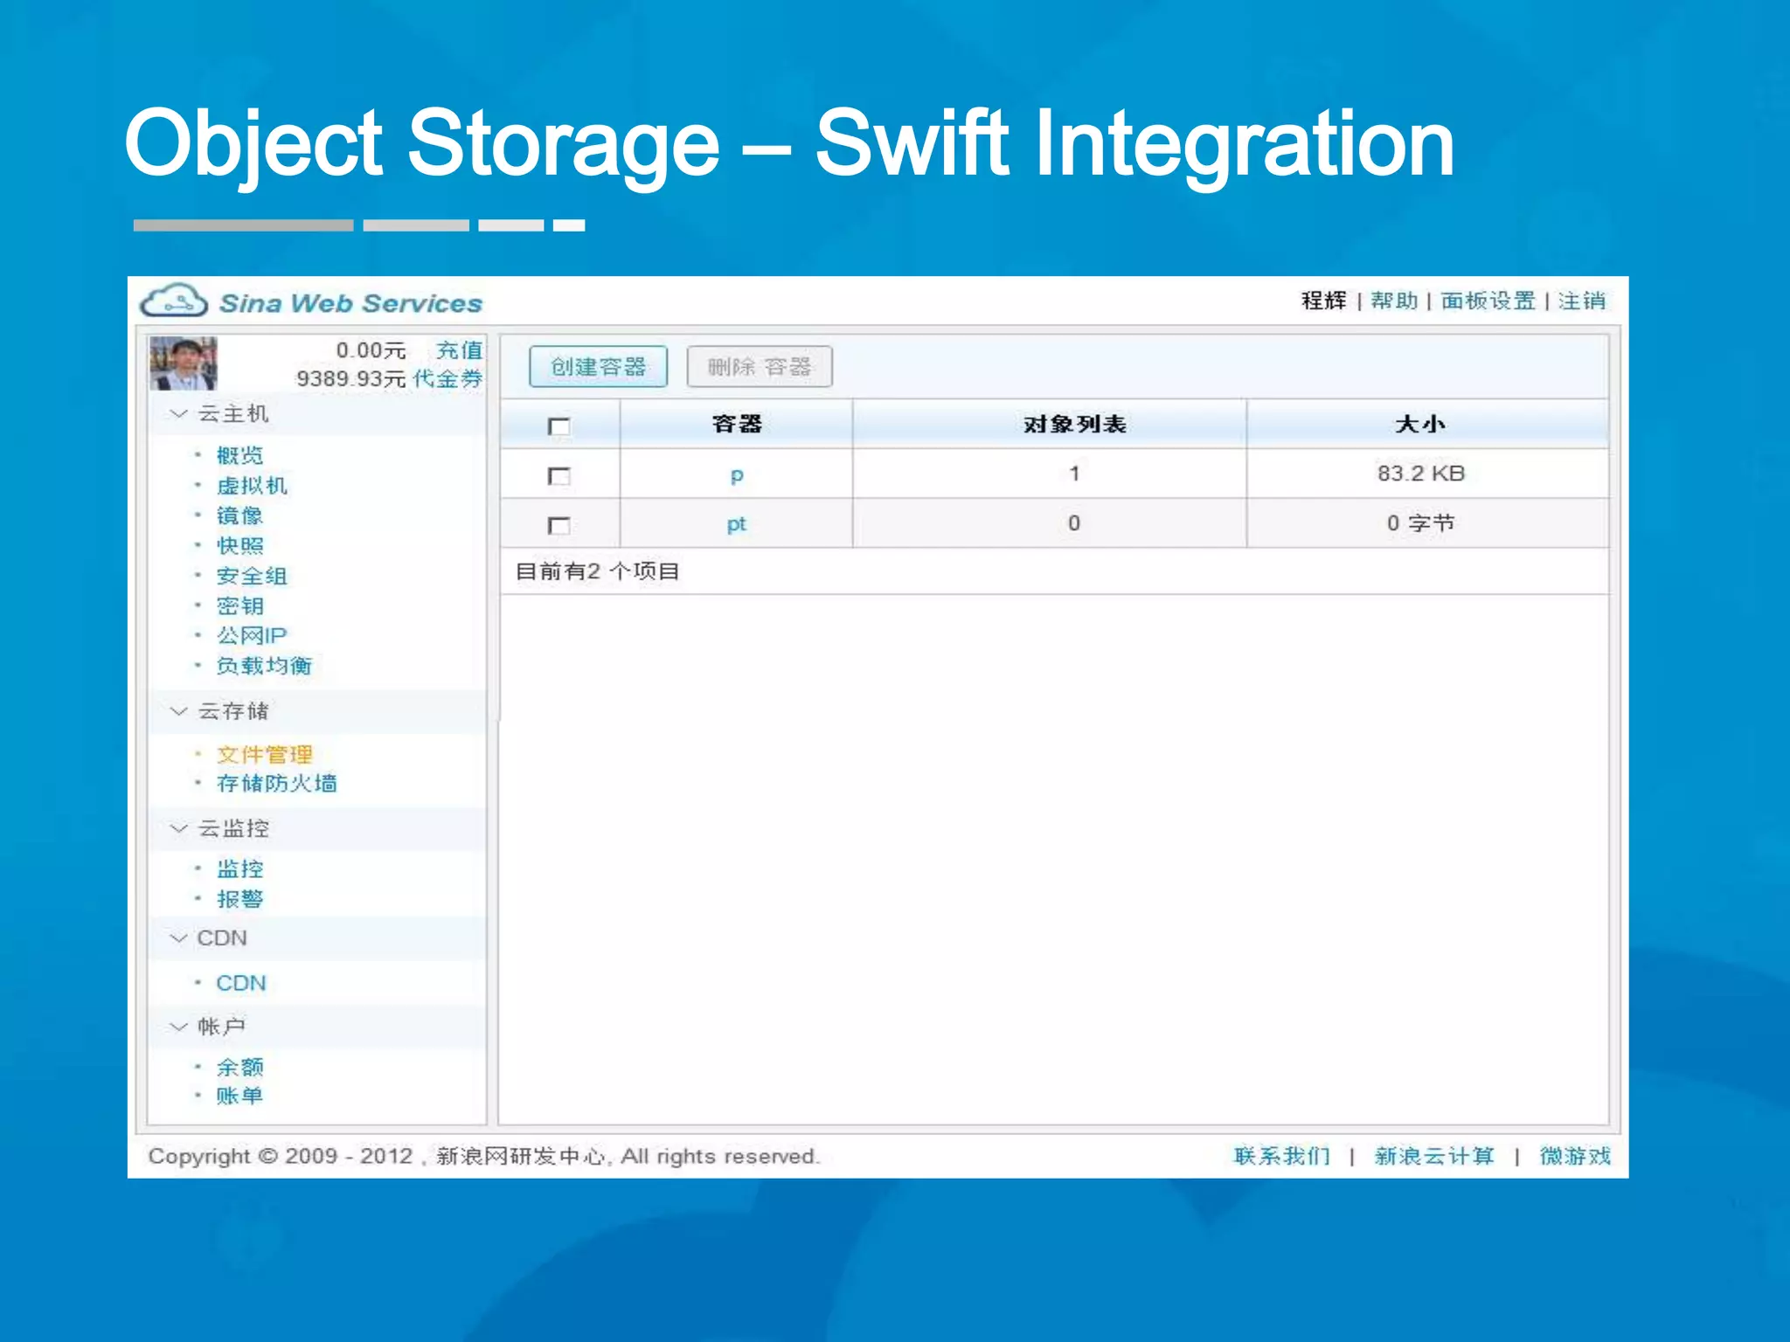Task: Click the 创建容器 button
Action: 598,367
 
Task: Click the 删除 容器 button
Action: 759,367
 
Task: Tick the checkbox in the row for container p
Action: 559,476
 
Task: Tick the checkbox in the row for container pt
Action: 559,525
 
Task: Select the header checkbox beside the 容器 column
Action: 559,426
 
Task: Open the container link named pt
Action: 736,524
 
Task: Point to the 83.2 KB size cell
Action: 1420,474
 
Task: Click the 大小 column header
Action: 1420,425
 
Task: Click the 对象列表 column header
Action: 1074,425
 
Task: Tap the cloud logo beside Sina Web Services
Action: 174,301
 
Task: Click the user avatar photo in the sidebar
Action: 183,363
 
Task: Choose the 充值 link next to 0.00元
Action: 460,350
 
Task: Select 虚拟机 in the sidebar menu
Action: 252,486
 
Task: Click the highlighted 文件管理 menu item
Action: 264,754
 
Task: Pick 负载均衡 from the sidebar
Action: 264,666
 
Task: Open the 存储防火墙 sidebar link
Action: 276,783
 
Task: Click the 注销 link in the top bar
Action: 1581,301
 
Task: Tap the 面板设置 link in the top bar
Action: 1488,301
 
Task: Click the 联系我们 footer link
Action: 1281,1156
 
